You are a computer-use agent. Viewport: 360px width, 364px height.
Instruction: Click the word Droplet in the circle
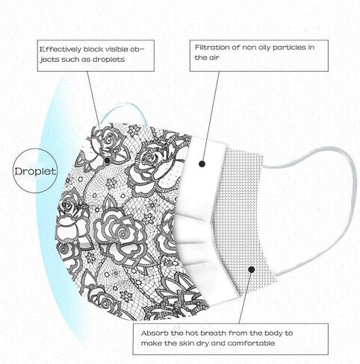(35, 171)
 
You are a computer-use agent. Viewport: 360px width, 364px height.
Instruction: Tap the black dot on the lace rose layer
(107, 160)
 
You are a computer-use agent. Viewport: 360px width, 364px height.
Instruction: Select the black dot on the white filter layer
(202, 164)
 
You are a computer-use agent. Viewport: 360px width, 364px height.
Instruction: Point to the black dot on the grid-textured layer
(252, 269)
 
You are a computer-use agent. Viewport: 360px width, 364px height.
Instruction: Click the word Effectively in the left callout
(60, 49)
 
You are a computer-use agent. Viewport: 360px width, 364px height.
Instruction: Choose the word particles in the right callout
(289, 47)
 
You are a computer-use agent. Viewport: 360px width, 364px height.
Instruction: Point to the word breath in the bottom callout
(214, 333)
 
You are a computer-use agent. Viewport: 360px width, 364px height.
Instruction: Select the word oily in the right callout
(263, 48)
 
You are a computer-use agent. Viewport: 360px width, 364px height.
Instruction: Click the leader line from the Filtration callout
(211, 116)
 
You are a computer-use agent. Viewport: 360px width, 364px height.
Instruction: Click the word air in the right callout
(214, 57)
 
